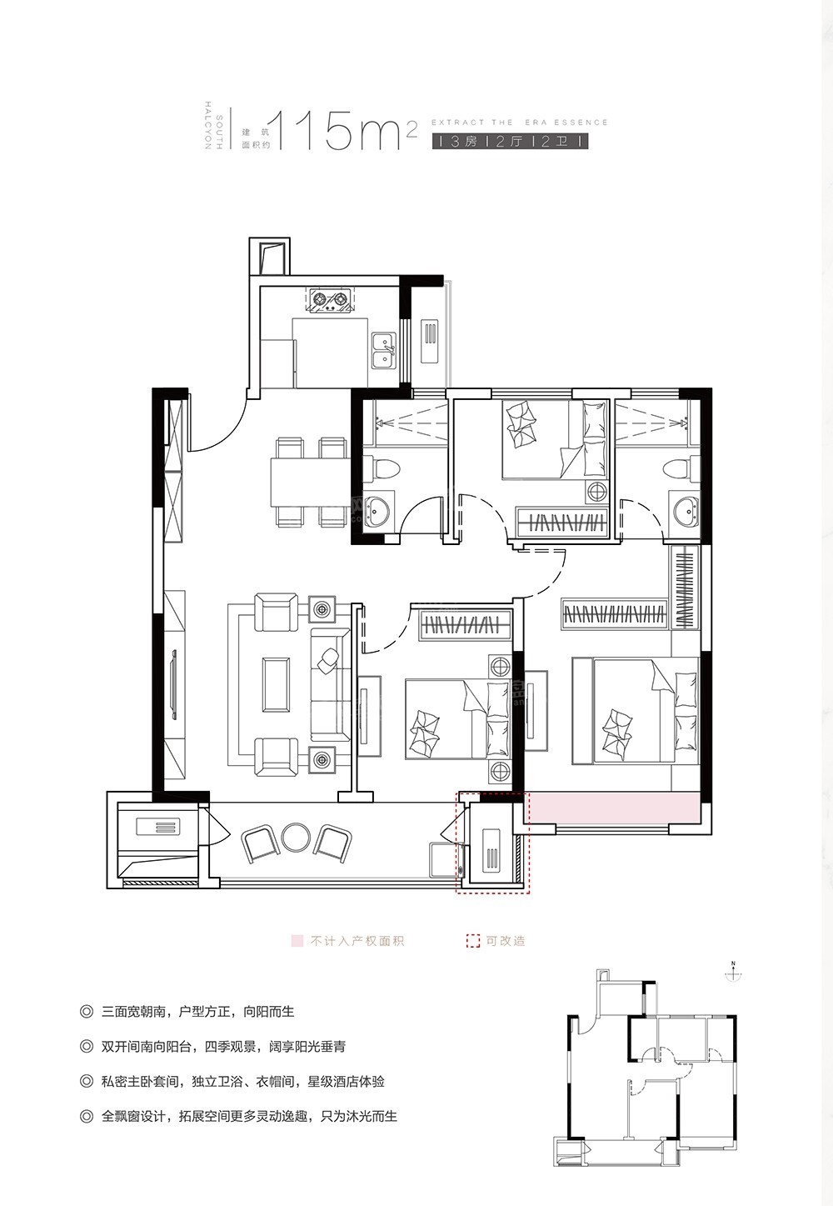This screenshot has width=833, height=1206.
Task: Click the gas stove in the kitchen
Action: tap(330, 301)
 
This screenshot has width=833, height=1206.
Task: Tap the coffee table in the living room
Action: tap(276, 683)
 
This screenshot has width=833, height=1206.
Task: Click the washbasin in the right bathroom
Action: tap(686, 509)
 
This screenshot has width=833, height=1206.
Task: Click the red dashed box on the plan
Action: tap(491, 843)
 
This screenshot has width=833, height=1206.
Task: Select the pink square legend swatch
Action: tap(296, 941)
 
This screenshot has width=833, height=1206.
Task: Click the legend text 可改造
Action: tap(505, 941)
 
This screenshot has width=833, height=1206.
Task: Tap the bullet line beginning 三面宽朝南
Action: tap(197, 1012)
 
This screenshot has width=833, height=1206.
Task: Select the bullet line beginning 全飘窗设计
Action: tap(248, 1116)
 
